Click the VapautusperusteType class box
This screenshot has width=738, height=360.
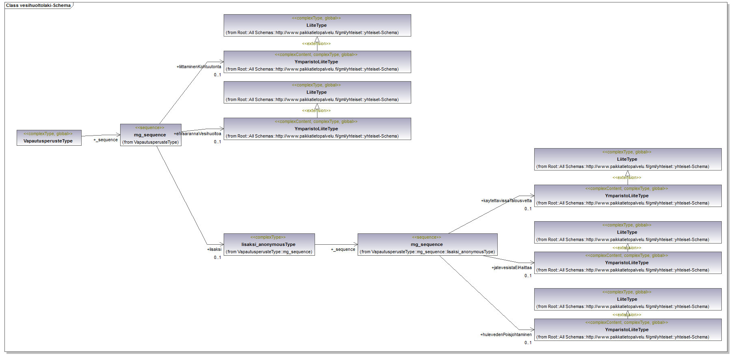click(x=49, y=138)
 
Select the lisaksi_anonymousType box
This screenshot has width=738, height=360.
click(x=269, y=244)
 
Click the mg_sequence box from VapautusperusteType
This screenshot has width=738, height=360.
click(x=151, y=135)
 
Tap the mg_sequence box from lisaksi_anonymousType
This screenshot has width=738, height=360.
click(x=427, y=244)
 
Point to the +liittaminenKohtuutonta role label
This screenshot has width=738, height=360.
click(x=199, y=67)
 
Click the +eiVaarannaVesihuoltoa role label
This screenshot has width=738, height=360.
click(x=198, y=134)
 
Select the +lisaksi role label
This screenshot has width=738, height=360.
click(x=214, y=249)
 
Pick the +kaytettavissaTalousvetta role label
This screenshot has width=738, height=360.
click(x=506, y=200)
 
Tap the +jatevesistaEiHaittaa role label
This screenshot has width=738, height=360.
click(x=511, y=267)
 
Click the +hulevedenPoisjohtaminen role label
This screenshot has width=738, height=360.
click(x=506, y=334)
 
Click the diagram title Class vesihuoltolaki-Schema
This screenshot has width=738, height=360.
click(x=38, y=5)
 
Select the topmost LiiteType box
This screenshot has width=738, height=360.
click(x=317, y=25)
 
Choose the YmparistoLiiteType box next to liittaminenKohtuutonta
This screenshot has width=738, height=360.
click(x=317, y=62)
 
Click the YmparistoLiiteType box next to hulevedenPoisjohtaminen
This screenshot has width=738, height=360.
click(x=628, y=330)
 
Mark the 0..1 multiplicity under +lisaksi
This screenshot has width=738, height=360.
click(x=218, y=257)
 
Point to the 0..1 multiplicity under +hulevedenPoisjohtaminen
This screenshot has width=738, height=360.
click(x=528, y=343)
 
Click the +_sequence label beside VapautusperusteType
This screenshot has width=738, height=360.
click(x=106, y=140)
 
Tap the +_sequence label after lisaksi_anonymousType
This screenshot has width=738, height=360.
click(x=343, y=249)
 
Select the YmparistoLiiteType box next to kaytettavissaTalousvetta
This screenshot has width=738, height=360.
click(x=628, y=196)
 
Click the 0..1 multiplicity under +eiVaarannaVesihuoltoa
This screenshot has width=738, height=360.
click(x=218, y=142)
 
